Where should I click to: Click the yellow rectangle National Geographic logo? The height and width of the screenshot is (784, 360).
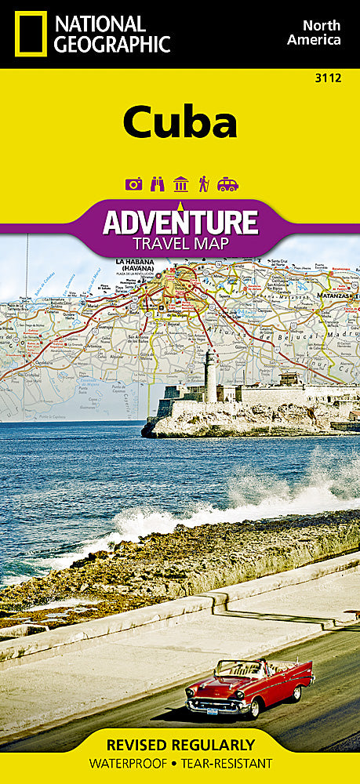30,34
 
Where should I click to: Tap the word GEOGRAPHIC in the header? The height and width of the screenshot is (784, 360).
112,45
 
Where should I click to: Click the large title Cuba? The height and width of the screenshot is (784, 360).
179,122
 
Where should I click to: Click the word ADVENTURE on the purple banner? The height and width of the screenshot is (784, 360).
180,223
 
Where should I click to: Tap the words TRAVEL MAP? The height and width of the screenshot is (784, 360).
180,244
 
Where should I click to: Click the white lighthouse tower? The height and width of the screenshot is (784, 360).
210,376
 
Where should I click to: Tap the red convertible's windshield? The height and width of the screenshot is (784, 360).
244,669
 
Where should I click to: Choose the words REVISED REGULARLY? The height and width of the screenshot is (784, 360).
180,744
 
